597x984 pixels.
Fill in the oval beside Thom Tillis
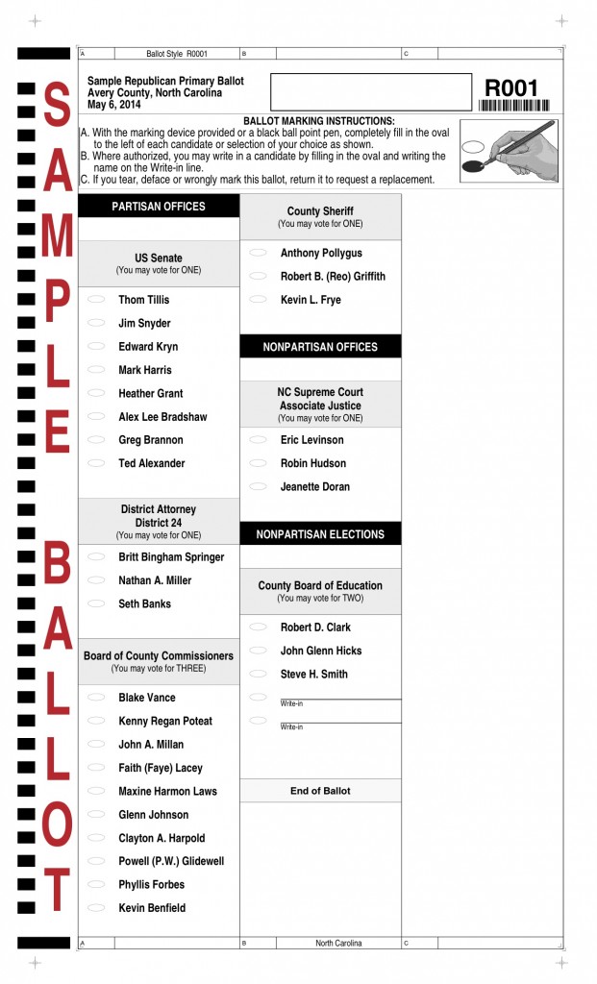click(x=96, y=300)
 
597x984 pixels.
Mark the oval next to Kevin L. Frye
click(x=258, y=300)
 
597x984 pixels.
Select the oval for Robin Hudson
click(x=258, y=463)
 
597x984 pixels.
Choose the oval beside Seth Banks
click(x=96, y=603)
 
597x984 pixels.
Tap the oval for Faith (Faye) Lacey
click(x=96, y=768)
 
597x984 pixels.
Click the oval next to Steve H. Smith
click(x=258, y=674)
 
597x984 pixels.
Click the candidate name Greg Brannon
click(x=150, y=440)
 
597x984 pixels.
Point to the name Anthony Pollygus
click(x=321, y=253)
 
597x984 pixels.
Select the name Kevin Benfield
click(x=152, y=908)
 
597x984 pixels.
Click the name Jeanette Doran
click(x=315, y=486)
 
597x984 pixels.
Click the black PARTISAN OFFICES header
click(x=159, y=207)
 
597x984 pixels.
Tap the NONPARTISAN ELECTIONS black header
click(x=320, y=534)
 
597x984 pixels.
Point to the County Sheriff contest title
click(x=320, y=211)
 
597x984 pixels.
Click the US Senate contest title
click(x=159, y=258)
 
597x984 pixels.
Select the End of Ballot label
click(x=320, y=791)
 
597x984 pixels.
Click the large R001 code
click(x=512, y=88)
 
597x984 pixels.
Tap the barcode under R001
click(x=514, y=107)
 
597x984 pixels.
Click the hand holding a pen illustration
click(x=510, y=151)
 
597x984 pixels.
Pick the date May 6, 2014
click(x=113, y=104)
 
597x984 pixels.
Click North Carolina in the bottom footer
click(x=338, y=943)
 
